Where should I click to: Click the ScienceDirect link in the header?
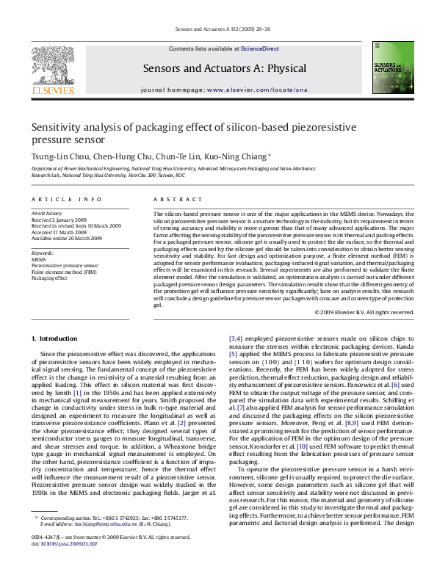tap(260, 48)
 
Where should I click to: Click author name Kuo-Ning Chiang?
tap(242, 156)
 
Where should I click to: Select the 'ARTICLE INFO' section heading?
tap(67, 200)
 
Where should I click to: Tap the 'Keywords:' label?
tap(43, 253)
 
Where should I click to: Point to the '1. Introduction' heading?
tap(57, 338)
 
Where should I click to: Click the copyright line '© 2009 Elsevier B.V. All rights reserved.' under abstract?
tap(364, 312)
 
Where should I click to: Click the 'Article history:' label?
tap(48, 213)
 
